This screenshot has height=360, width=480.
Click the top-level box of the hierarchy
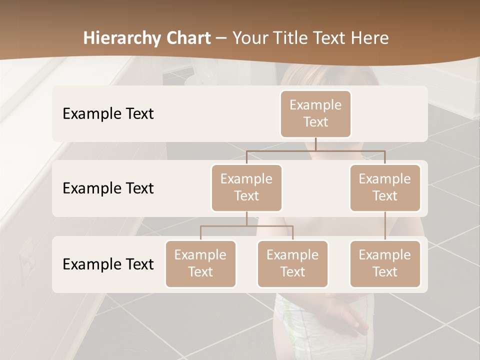coord(315,113)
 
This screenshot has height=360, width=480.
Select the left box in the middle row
coord(246,187)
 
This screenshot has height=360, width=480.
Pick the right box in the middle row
coord(385,187)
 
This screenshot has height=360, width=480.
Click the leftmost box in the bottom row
coord(200,263)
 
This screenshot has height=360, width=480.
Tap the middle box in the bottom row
coord(292,263)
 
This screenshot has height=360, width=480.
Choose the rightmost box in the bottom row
coord(385,263)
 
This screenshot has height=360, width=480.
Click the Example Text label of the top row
coord(108,113)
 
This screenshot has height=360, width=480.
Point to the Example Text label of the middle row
coord(108,188)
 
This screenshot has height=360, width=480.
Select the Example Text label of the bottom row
coord(108,264)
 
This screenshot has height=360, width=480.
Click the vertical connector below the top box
coord(315,144)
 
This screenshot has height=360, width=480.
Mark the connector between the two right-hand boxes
coord(385,226)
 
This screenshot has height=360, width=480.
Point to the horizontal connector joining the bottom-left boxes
coord(246,226)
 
